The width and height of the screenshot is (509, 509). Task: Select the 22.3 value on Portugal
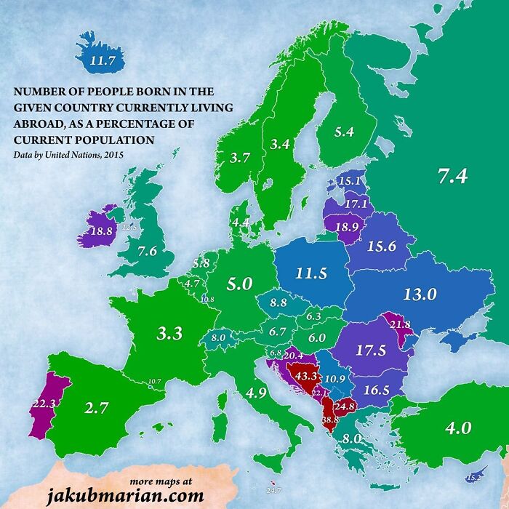pyautogui.click(x=42, y=403)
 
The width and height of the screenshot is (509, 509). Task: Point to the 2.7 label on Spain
pyautogui.click(x=96, y=408)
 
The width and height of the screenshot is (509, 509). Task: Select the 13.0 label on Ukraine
pyautogui.click(x=419, y=294)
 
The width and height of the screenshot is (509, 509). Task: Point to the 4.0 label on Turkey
pyautogui.click(x=458, y=428)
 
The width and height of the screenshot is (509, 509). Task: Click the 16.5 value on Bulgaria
pyautogui.click(x=377, y=390)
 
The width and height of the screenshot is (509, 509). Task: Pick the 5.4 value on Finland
pyautogui.click(x=344, y=132)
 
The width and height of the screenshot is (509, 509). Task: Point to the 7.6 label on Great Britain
pyautogui.click(x=148, y=252)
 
